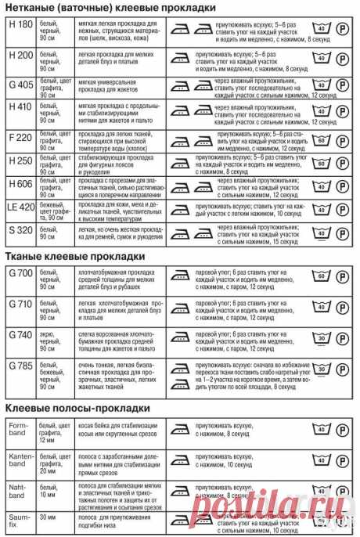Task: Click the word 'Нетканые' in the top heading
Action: pos(34,8)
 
